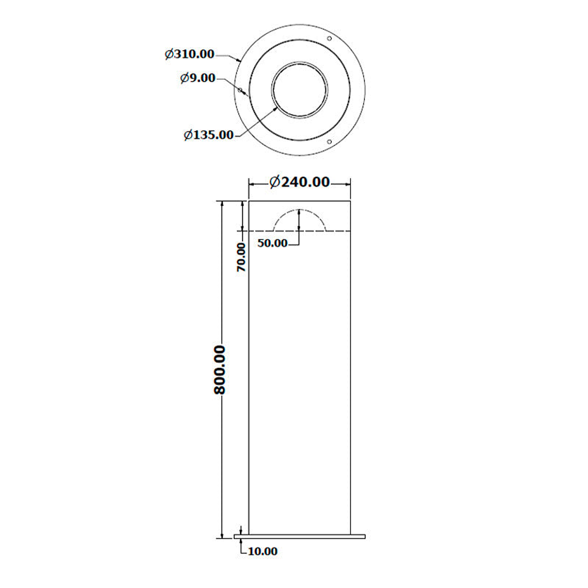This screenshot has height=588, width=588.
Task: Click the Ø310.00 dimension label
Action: click(189, 54)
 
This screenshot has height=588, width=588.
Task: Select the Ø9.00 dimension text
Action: click(198, 78)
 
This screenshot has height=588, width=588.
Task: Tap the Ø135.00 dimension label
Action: click(209, 135)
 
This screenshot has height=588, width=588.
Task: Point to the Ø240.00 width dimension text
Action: click(300, 182)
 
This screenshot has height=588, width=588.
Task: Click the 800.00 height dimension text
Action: click(220, 369)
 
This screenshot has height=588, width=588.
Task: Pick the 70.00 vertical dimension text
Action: click(241, 257)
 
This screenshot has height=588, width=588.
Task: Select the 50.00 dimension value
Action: click(272, 243)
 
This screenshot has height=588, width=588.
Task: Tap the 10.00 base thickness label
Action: click(263, 551)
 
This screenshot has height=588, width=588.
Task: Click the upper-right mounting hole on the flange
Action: click(330, 39)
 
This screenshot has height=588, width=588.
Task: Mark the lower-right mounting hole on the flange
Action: click(330, 141)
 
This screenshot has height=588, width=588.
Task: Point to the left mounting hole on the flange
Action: click(240, 90)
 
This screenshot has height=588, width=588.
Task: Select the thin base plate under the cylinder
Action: click(300, 536)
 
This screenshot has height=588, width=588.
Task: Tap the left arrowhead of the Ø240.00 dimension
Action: click(252, 183)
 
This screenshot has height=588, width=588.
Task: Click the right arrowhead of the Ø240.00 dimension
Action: click(348, 183)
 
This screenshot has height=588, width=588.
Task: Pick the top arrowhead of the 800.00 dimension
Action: click(222, 204)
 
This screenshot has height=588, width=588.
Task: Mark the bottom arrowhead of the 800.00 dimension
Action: click(222, 534)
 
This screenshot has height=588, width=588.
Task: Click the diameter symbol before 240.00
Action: click(275, 182)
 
